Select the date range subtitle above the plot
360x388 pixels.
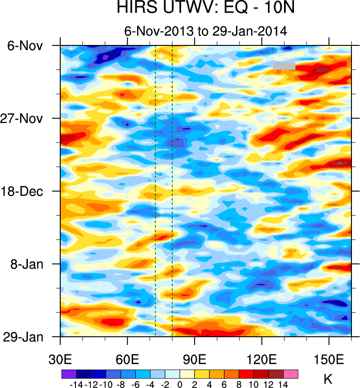[205, 31]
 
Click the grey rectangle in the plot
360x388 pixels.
[284, 66]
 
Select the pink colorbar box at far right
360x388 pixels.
[291, 374]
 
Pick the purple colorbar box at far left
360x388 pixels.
[69, 374]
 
